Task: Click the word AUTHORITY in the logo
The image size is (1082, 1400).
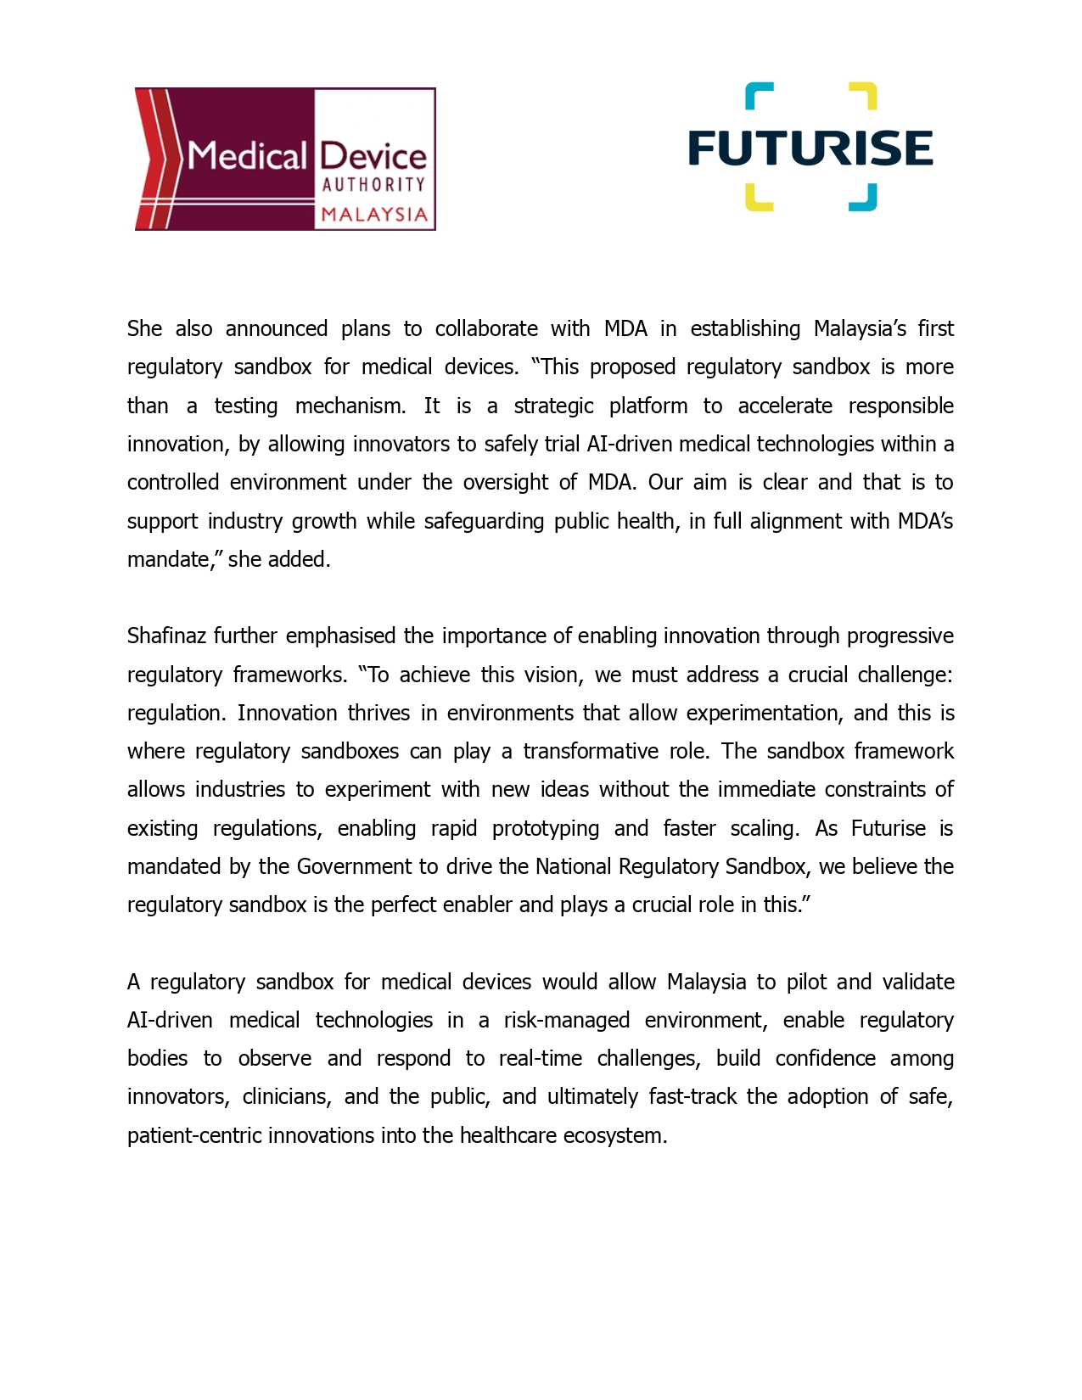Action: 373,184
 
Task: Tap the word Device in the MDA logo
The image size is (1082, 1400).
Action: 373,156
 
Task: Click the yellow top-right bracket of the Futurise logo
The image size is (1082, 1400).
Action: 864,95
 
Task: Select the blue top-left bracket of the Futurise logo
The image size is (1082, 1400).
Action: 758,95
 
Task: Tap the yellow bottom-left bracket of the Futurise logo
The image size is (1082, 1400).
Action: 758,198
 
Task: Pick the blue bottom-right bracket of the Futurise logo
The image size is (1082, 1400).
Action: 864,198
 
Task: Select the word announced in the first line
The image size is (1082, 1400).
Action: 276,329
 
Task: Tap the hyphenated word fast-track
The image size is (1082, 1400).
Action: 692,1097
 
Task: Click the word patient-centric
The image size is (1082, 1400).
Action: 194,1136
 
